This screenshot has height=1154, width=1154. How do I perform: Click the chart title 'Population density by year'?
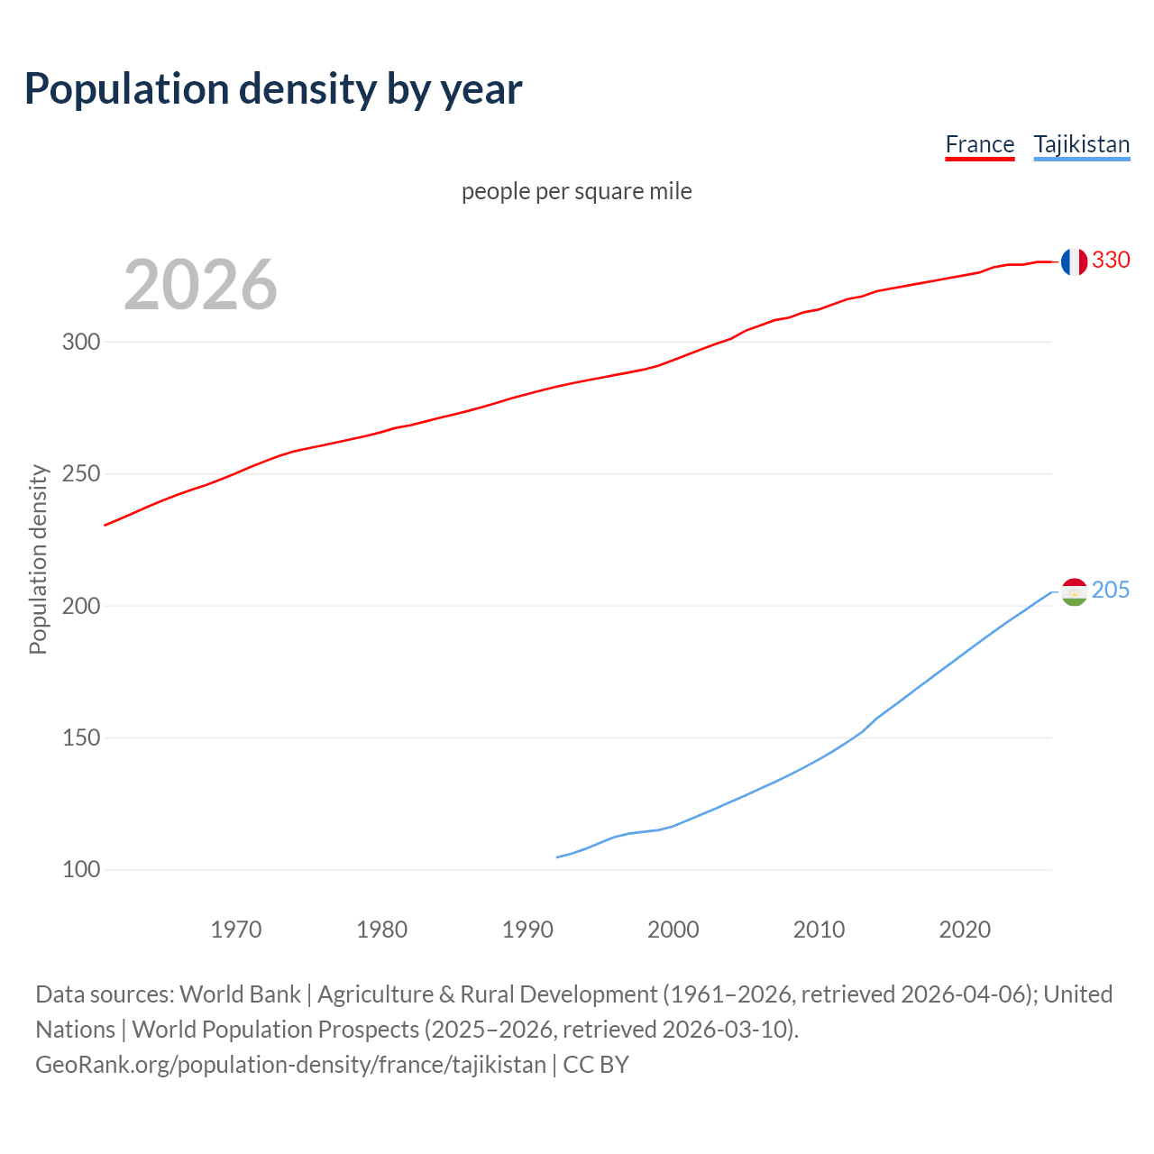tap(273, 88)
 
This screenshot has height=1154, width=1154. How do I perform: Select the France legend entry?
tap(979, 144)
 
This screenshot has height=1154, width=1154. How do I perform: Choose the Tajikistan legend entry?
tap(1081, 144)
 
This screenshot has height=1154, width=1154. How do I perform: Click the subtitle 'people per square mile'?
tap(577, 191)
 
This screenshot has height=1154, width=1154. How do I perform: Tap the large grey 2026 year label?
tap(200, 285)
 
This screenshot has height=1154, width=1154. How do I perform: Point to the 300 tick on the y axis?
tap(80, 342)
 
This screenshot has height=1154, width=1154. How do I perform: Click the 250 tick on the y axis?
tap(80, 474)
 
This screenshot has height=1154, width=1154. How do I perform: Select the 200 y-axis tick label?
tap(80, 606)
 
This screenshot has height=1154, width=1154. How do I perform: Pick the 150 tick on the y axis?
tap(80, 738)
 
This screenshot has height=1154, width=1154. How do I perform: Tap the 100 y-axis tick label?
tap(80, 870)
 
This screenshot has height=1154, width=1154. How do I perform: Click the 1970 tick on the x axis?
tap(236, 930)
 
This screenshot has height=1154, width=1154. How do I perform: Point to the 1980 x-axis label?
tap(382, 930)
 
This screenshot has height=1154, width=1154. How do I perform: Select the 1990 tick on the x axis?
tap(527, 930)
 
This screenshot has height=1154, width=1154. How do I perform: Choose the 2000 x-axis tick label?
tap(673, 930)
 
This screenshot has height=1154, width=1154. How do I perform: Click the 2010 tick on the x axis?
tap(819, 930)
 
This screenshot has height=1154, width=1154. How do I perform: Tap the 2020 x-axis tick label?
tap(965, 930)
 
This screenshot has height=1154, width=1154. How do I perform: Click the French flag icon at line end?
tap(1074, 261)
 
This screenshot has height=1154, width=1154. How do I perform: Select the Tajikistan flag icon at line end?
tap(1074, 591)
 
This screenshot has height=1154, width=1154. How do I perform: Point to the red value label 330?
tap(1111, 261)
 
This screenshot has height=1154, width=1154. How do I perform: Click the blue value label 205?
tap(1111, 591)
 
